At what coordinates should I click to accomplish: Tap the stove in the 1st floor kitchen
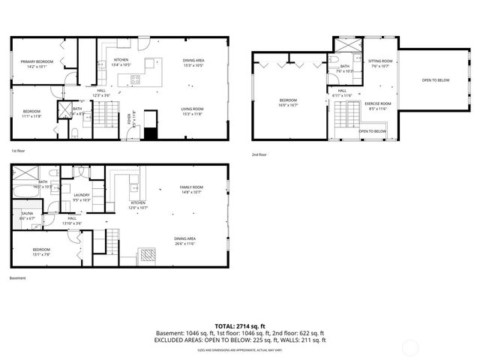[136, 79]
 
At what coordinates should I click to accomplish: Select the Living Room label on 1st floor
[192, 109]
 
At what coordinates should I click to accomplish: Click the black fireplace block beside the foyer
[151, 133]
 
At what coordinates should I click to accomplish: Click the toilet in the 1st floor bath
[78, 133]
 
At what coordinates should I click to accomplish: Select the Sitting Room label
[380, 61]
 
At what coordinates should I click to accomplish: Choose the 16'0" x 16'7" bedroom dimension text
[289, 105]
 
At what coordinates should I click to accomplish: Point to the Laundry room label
[81, 195]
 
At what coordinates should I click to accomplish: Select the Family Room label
[191, 187]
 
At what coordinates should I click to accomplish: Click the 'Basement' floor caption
[17, 278]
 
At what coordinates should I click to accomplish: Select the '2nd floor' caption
[259, 154]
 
